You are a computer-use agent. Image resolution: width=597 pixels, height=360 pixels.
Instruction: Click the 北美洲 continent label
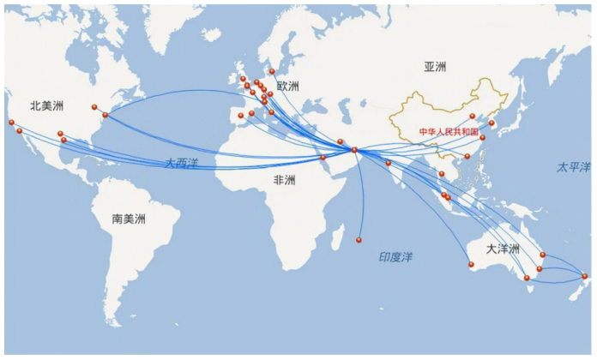tap(47, 105)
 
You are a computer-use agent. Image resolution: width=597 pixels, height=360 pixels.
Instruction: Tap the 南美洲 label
tap(129, 219)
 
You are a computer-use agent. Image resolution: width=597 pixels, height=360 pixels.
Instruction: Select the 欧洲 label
tap(288, 87)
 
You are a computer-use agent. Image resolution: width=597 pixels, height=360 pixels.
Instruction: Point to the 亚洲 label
tap(436, 67)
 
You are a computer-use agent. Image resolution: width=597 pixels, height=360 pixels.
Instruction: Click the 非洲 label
tap(284, 181)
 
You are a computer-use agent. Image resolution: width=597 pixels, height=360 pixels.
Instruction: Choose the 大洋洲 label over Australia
tap(503, 249)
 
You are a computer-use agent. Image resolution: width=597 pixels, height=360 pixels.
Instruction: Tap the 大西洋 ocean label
tap(182, 162)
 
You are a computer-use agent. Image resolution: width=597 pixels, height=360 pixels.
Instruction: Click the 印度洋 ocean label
tap(396, 257)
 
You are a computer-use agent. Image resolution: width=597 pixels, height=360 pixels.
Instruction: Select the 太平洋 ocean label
tap(573, 166)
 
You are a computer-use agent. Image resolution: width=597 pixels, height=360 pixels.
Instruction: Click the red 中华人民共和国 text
tap(448, 132)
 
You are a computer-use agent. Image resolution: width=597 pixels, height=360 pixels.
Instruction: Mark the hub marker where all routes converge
tap(354, 151)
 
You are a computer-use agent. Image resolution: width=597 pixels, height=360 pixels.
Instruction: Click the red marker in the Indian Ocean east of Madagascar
tap(359, 239)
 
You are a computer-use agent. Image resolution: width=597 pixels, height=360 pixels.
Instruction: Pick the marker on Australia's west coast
tap(471, 264)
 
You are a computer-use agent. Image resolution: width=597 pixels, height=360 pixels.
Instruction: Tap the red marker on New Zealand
tap(585, 275)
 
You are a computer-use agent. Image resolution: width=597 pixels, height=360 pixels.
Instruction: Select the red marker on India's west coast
tap(389, 162)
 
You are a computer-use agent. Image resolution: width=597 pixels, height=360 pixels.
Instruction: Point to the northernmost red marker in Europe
tap(272, 72)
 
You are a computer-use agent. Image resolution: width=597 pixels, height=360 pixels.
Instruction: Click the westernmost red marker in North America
tap(12, 122)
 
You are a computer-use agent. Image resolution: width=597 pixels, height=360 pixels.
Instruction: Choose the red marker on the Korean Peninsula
tap(491, 123)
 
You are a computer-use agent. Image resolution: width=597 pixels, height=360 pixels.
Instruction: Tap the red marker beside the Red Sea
tap(323, 158)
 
